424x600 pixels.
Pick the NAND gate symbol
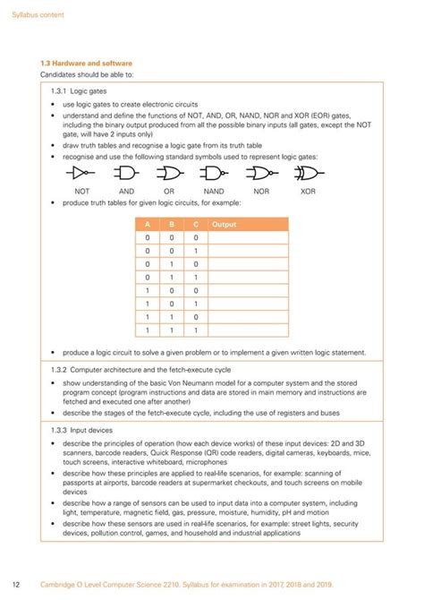coord(214,173)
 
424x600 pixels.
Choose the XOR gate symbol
coord(308,173)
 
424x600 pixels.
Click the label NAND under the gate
coord(214,191)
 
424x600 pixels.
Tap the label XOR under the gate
coord(308,191)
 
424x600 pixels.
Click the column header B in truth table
coord(172,224)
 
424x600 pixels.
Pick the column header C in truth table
coord(195,224)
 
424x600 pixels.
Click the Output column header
coord(225,224)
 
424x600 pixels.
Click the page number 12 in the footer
coord(16,585)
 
